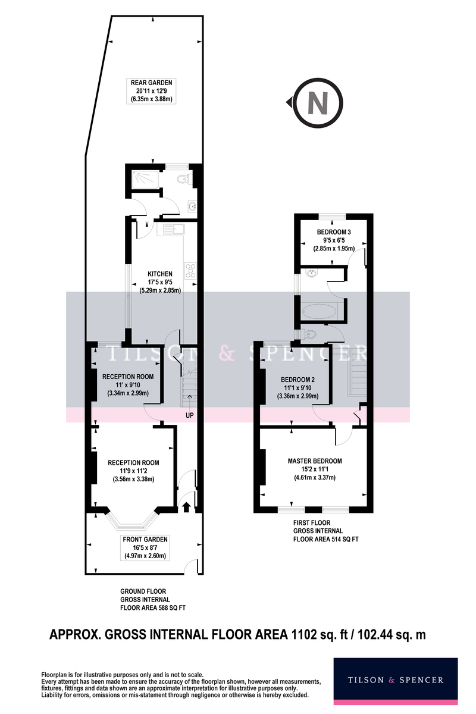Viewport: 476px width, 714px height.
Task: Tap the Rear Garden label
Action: [x=152, y=91]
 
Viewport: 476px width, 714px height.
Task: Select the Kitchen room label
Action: [x=160, y=282]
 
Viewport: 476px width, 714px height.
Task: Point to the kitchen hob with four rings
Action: [x=190, y=271]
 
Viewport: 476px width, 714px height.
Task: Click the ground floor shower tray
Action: [x=145, y=180]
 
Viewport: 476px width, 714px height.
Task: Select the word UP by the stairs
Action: [x=189, y=415]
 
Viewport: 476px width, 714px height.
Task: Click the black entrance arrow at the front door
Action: [x=186, y=507]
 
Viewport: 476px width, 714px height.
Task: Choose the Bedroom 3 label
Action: [x=334, y=240]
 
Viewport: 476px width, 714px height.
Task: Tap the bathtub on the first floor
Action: [x=319, y=311]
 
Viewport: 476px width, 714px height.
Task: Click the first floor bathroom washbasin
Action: [x=312, y=273]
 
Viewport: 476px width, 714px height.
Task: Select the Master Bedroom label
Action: [x=315, y=469]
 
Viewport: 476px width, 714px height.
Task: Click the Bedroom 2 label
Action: [x=297, y=388]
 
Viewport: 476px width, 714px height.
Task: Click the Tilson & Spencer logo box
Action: [x=396, y=681]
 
